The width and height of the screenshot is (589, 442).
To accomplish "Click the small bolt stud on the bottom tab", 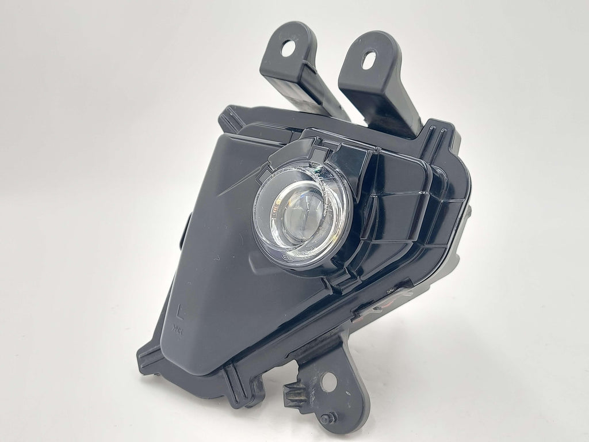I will [325, 418].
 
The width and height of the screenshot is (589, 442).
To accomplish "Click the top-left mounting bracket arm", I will [299, 75].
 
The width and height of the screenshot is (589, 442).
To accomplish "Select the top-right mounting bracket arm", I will [380, 86].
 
